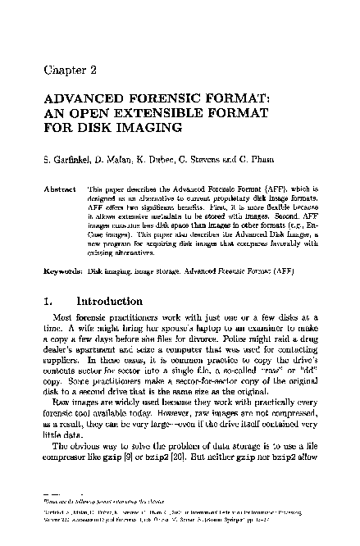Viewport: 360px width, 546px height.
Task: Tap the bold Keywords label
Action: point(60,269)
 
